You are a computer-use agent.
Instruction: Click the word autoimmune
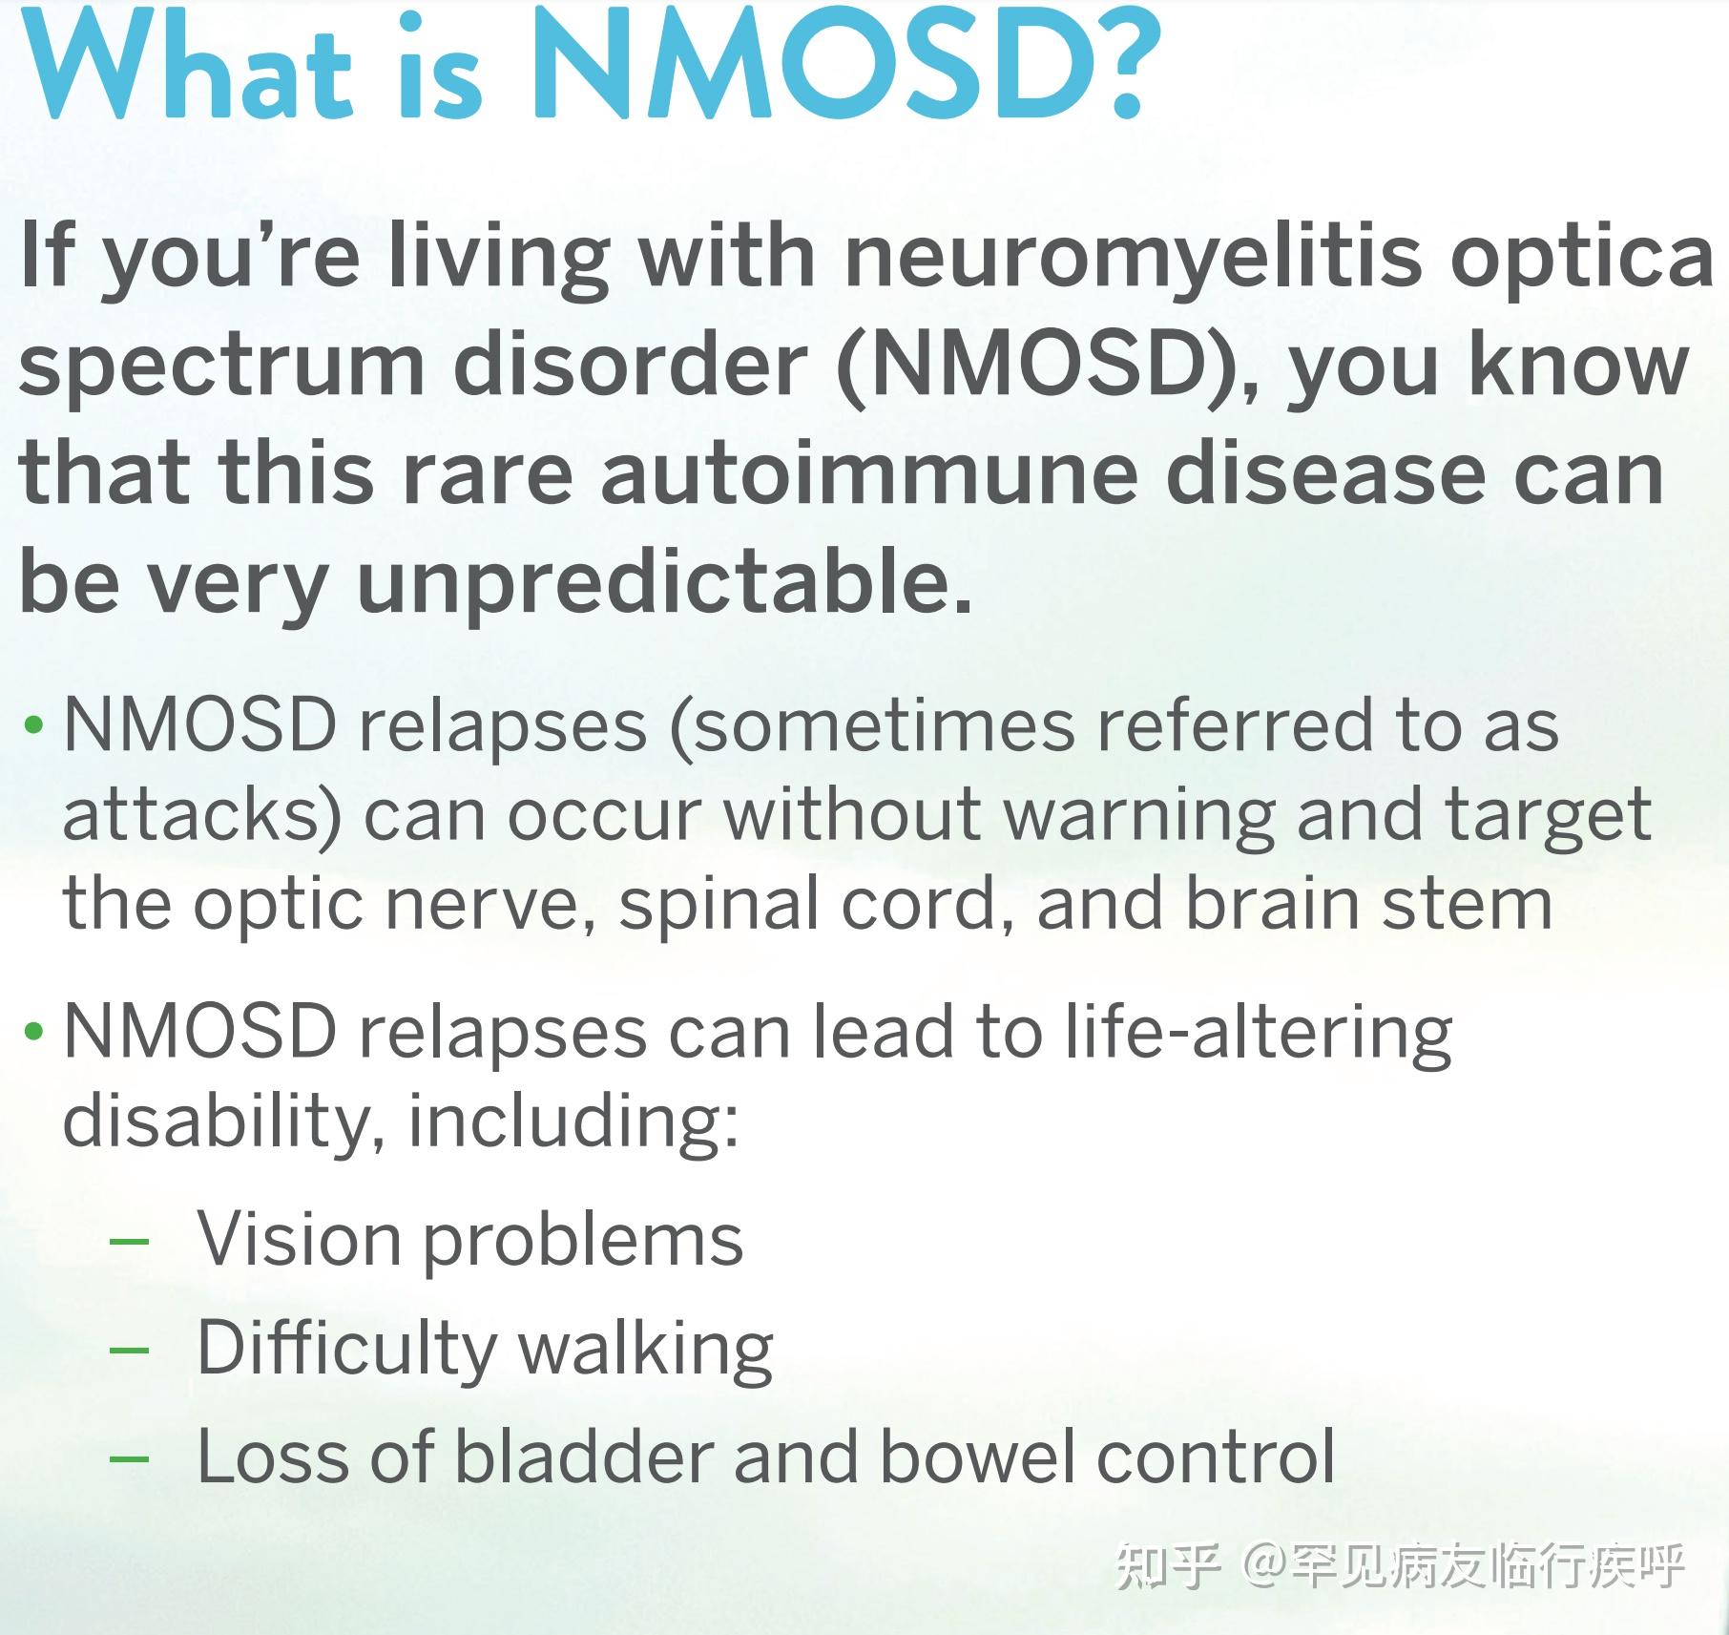[868, 473]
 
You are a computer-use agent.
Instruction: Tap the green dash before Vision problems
[130, 1242]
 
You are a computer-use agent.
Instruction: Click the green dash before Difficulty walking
[130, 1350]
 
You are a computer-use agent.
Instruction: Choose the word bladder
[584, 1457]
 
